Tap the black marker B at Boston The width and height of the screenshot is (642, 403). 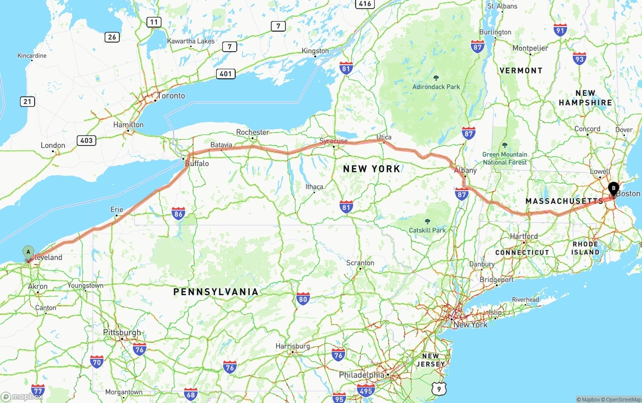pos(613,189)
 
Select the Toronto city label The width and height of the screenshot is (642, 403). pos(171,96)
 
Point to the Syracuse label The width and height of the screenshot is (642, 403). pos(334,141)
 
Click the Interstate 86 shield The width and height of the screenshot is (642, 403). pos(178,214)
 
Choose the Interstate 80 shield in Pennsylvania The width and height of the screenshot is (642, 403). pos(302,299)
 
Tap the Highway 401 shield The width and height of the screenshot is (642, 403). pos(226,74)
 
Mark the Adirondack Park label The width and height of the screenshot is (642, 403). pos(436,87)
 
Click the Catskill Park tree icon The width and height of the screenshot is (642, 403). pos(427,221)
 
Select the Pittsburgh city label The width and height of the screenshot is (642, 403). pos(122,333)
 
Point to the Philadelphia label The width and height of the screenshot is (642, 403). pos(362,375)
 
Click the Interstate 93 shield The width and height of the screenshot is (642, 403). pos(579,59)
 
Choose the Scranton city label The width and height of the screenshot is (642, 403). pos(360,263)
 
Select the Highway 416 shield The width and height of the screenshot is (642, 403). pos(365,4)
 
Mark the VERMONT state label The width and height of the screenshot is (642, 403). pos(521,71)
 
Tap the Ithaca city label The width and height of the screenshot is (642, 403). pos(314,187)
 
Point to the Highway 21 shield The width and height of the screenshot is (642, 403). pos(28,102)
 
